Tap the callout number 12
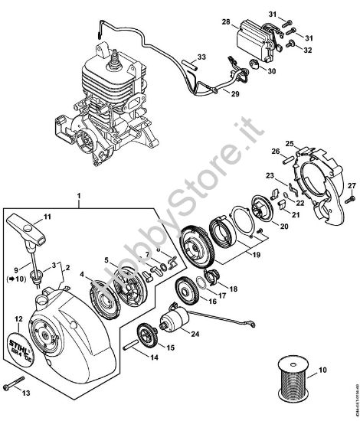coord(18,318)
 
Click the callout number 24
coord(195,334)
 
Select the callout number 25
coord(288,143)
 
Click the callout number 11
coord(48,218)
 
